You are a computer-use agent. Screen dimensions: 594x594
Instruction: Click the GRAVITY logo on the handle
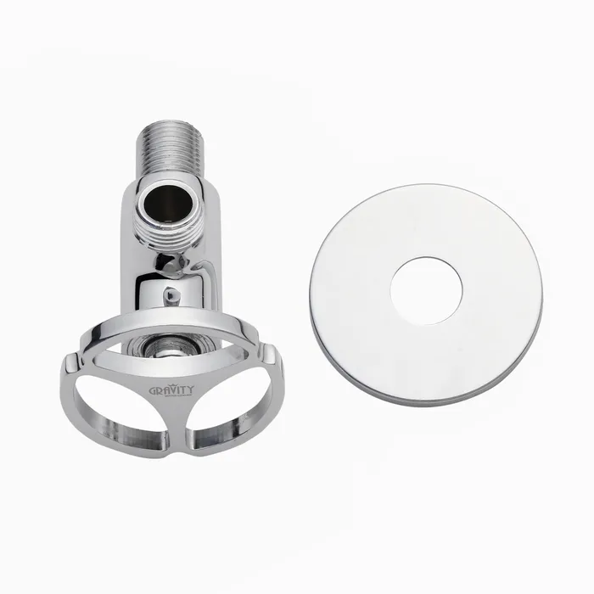click(x=171, y=389)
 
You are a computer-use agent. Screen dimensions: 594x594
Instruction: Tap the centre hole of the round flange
click(x=426, y=291)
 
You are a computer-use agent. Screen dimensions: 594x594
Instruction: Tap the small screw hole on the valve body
click(x=171, y=294)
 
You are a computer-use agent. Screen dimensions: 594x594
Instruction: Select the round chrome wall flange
click(x=426, y=292)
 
